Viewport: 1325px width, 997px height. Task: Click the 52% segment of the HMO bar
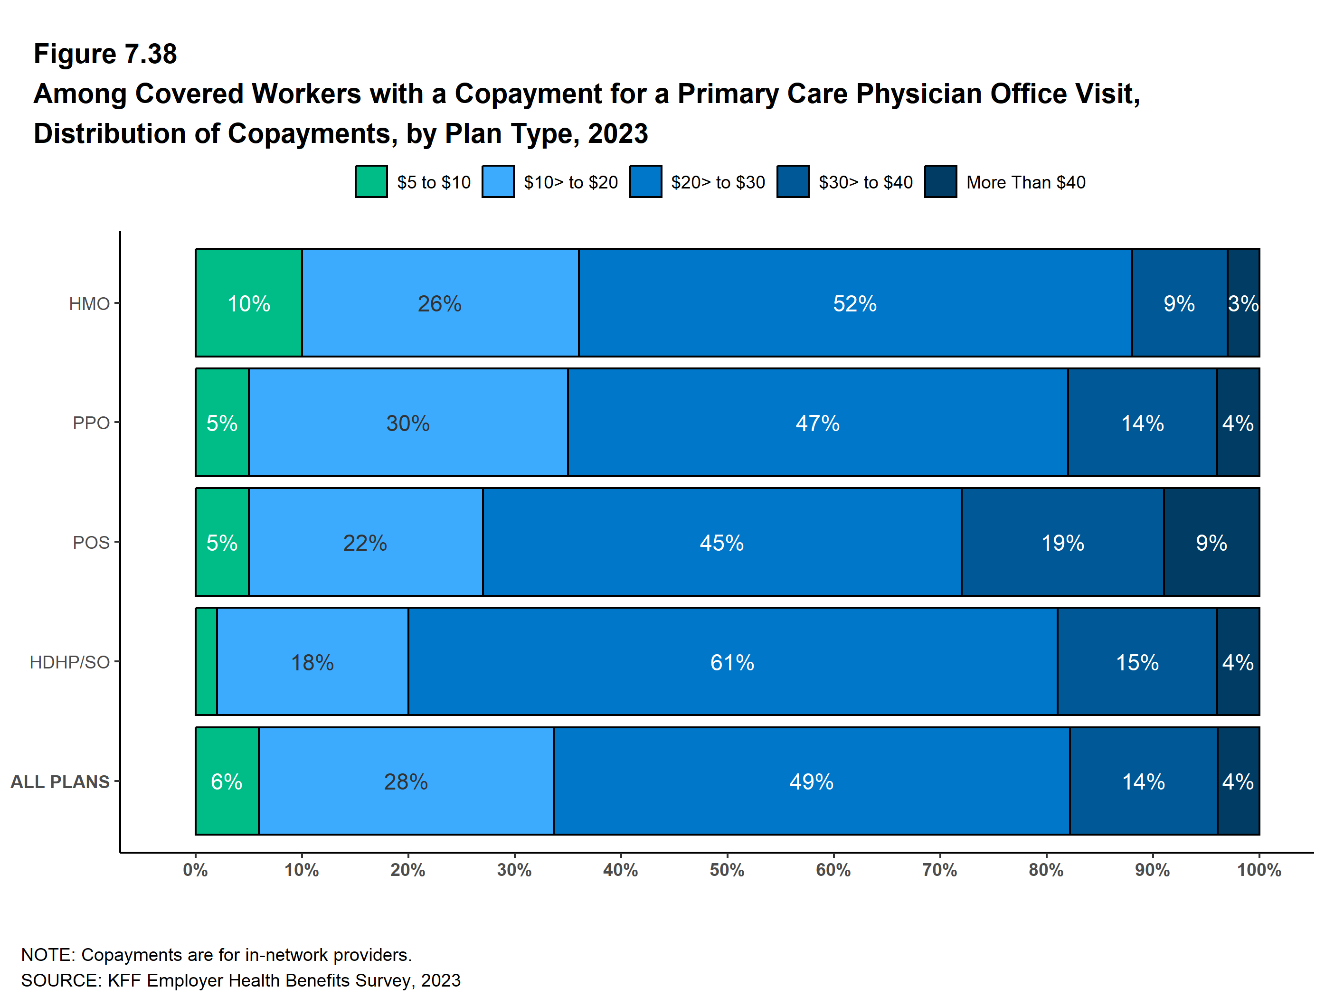855,303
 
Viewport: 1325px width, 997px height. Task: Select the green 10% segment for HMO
248,303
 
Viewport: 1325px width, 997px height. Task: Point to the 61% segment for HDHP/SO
732,662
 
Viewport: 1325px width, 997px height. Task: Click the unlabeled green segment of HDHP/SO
206,662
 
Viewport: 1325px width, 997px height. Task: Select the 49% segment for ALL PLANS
811,781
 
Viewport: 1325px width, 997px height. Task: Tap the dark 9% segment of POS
1211,543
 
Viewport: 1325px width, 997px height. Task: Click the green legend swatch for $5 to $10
371,181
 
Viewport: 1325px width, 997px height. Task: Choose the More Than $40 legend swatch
940,181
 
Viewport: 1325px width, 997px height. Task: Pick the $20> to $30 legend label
718,182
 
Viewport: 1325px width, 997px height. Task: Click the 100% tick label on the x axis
1259,870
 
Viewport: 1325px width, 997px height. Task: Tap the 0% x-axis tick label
195,870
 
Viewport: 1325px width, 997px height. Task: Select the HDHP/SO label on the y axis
69,662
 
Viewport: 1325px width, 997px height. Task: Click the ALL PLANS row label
60,782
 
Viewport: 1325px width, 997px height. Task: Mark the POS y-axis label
91,543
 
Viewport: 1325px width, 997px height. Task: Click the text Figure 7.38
105,54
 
